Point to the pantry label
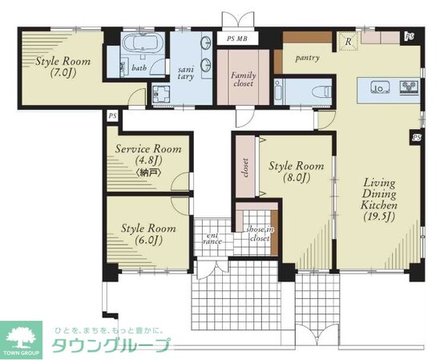[309, 58]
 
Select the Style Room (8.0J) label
[297, 172]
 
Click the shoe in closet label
[258, 233]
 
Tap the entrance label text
[212, 235]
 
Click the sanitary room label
[184, 73]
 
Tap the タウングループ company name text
[111, 346]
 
